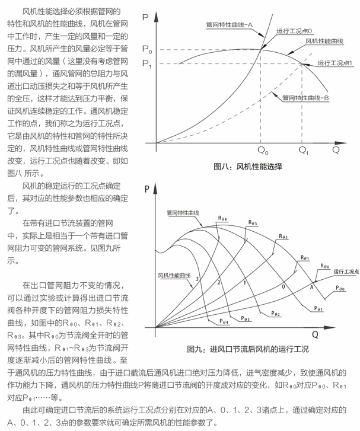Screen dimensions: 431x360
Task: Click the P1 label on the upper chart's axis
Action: tap(148, 64)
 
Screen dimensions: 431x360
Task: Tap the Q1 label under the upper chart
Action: tap(304, 151)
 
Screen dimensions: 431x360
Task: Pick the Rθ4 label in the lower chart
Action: tap(222, 218)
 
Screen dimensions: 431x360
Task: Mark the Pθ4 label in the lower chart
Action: tap(224, 321)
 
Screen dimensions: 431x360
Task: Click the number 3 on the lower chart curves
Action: tap(196, 278)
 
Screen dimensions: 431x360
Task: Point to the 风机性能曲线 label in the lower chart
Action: tap(173, 275)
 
